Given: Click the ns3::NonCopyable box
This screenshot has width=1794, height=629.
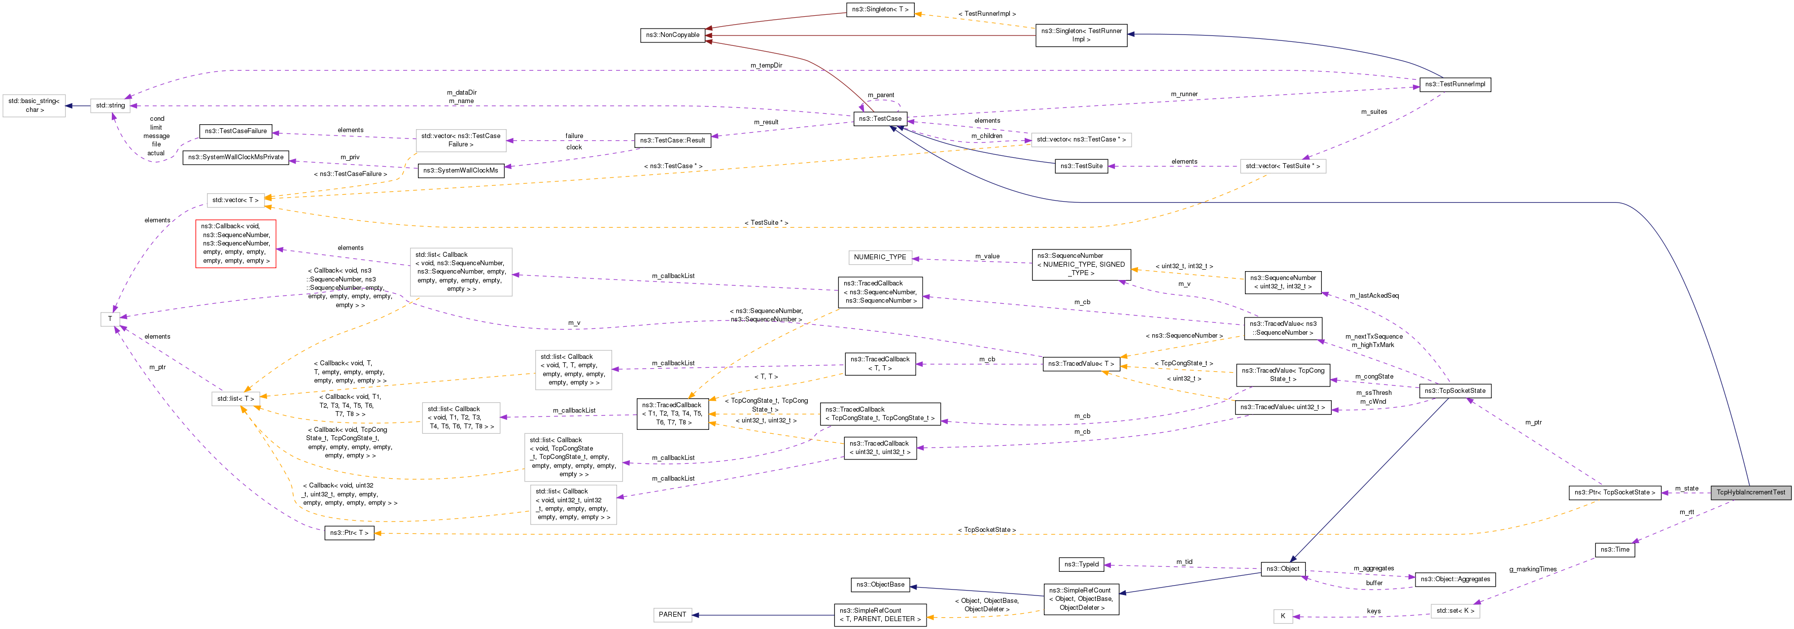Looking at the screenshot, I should tap(672, 35).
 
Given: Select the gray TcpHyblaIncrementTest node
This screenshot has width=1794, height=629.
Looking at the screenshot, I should tap(1750, 492).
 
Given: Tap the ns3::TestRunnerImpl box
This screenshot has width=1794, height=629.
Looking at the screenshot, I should tap(1455, 84).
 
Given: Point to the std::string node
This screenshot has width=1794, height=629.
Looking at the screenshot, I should tap(111, 106).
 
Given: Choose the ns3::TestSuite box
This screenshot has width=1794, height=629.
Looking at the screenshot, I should tap(1081, 166).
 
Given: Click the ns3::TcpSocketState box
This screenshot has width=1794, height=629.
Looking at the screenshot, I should tap(1455, 391).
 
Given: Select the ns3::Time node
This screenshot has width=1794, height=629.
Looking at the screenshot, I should tap(1614, 550).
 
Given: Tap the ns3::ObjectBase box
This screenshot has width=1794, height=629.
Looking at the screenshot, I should tap(880, 585).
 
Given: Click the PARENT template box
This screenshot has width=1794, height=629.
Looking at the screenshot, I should tap(672, 614).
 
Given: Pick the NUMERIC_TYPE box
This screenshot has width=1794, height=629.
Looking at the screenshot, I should tap(880, 257).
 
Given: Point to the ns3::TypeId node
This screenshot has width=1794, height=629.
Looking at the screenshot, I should tap(1081, 564).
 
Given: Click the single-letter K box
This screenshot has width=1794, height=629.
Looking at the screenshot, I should tap(1282, 616).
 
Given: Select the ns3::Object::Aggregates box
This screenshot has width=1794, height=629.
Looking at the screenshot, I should tap(1455, 579).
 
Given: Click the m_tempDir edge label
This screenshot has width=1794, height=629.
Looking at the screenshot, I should tap(766, 66).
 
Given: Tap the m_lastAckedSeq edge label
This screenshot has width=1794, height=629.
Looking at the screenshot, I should tap(1374, 295).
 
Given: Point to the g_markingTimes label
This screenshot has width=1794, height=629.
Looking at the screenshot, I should tap(1532, 569).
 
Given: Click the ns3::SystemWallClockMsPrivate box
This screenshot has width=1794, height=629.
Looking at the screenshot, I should tap(236, 157).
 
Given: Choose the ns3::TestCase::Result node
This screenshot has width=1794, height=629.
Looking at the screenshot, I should tap(672, 140).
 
